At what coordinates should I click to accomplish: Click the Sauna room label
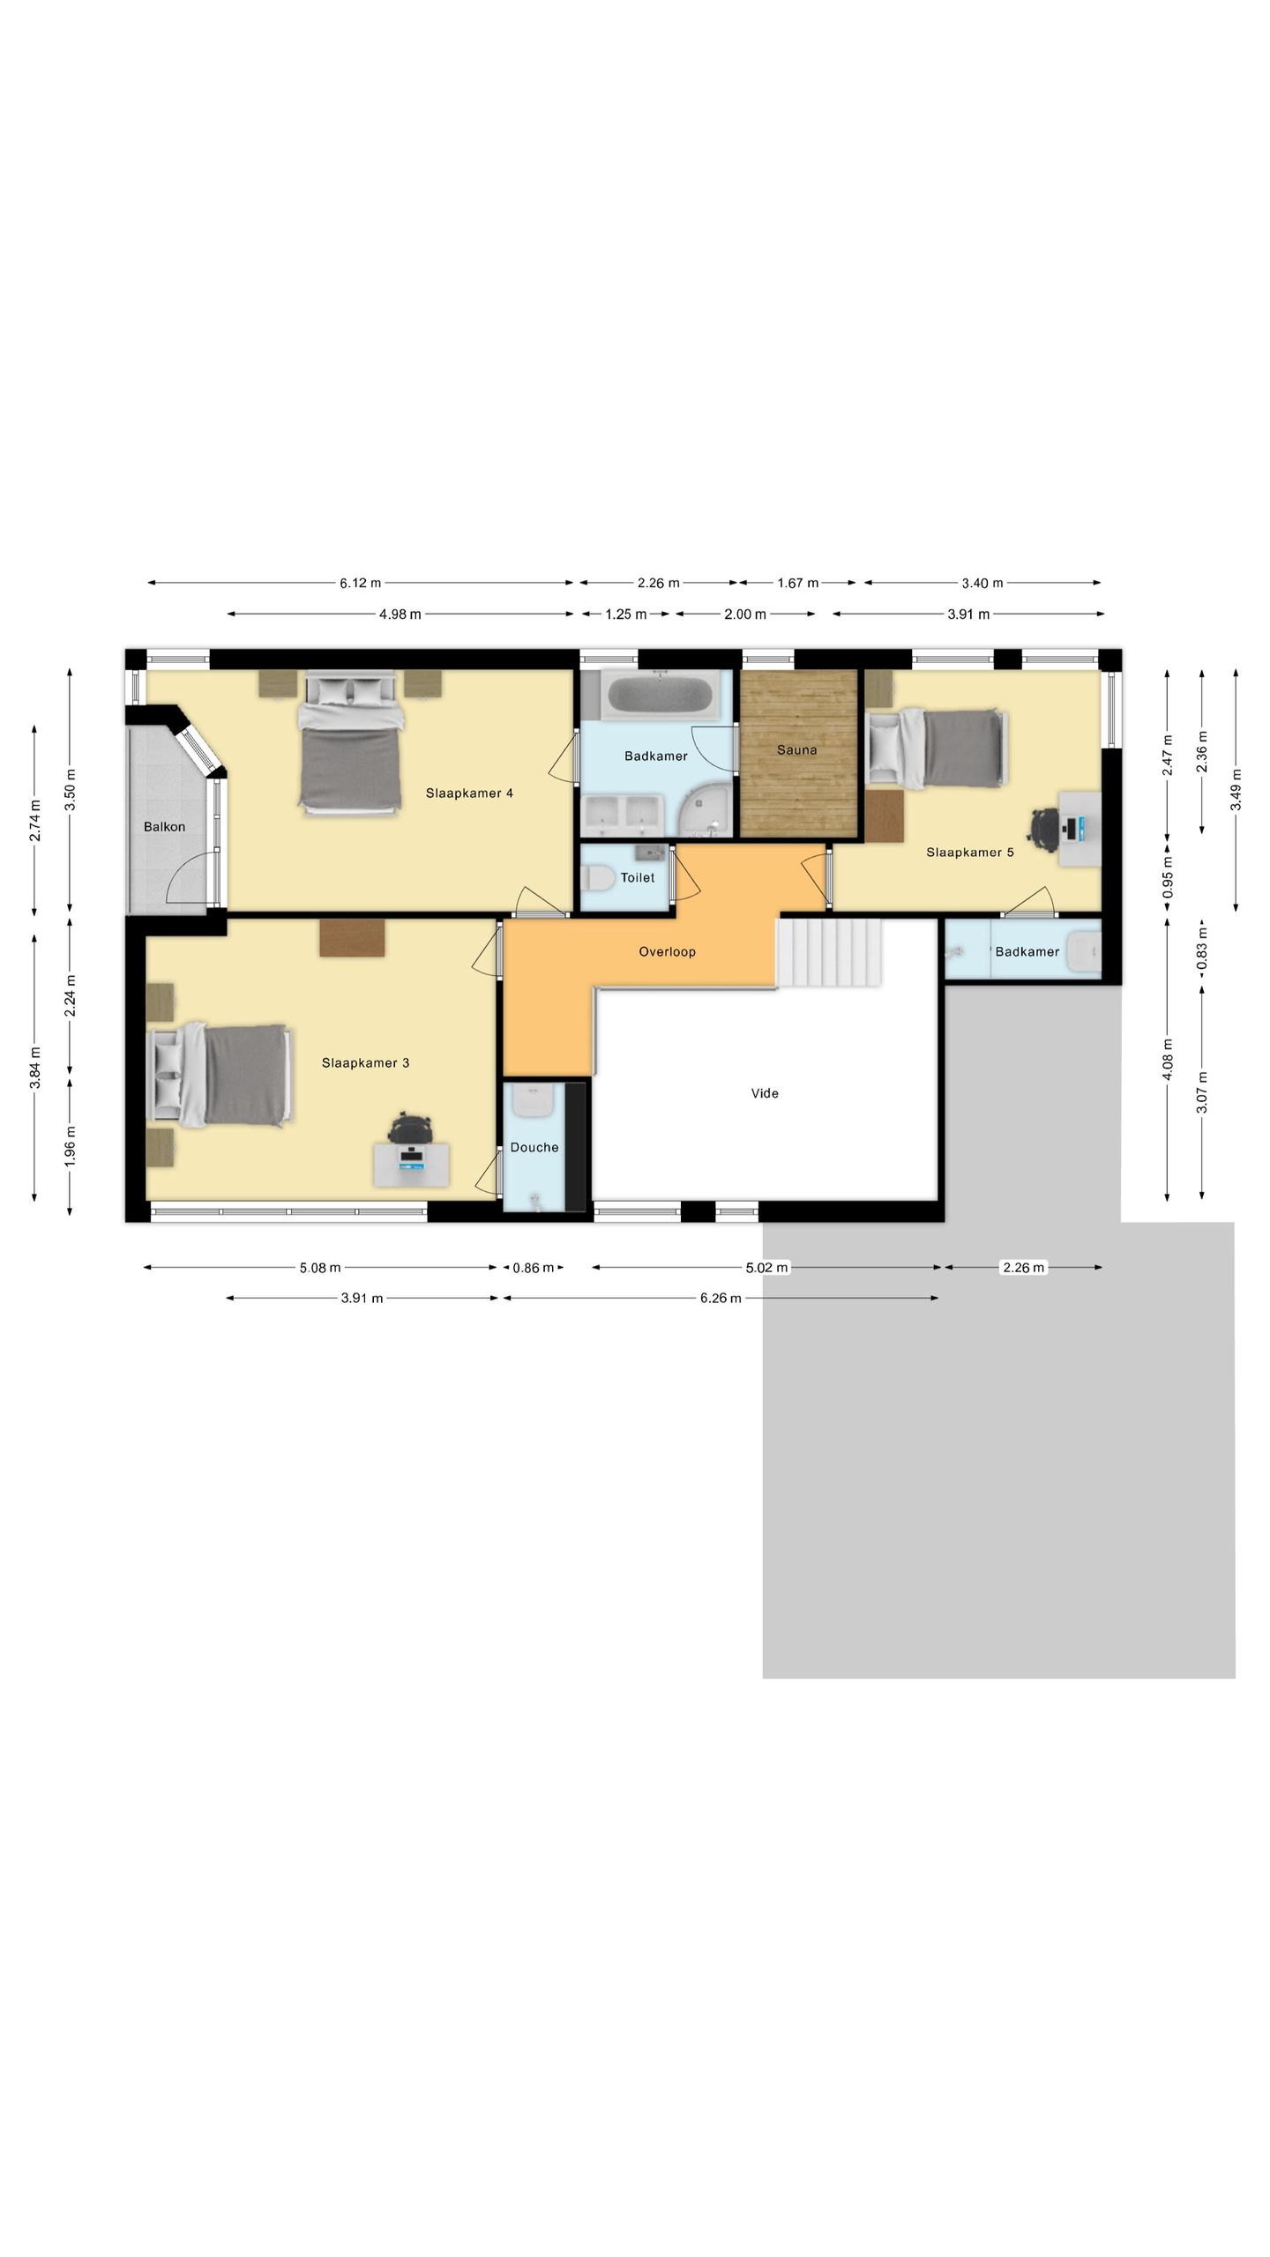(x=796, y=750)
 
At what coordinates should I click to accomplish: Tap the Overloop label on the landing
(x=667, y=952)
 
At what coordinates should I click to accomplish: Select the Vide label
(x=765, y=1093)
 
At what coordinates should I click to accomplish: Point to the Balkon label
(x=164, y=827)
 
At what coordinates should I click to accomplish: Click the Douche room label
(x=534, y=1147)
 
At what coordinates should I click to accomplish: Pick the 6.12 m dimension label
(x=360, y=583)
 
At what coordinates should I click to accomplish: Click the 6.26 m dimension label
(x=721, y=1299)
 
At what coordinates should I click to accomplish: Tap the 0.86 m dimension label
(x=533, y=1268)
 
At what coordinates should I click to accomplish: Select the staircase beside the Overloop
(x=829, y=952)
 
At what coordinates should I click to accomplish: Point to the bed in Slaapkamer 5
(x=937, y=748)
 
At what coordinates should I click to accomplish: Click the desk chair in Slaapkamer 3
(x=411, y=1128)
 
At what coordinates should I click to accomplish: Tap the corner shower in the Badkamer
(x=706, y=811)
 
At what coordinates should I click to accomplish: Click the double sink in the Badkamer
(x=622, y=815)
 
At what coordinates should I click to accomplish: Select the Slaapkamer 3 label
(x=365, y=1063)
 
